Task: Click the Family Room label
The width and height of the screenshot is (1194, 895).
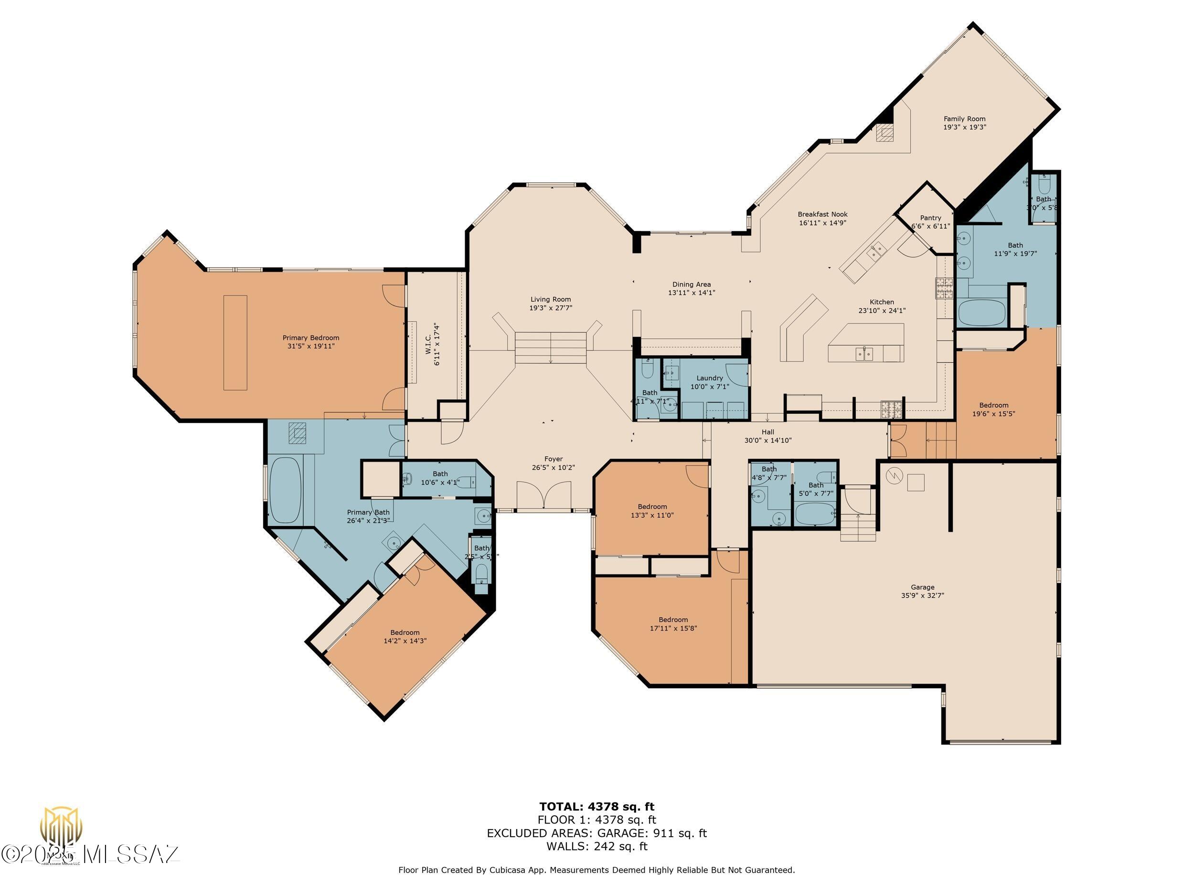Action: [964, 119]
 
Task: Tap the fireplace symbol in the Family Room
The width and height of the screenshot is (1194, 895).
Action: [885, 133]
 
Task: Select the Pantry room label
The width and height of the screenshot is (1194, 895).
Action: [930, 218]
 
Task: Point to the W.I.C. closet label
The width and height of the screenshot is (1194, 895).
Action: [432, 345]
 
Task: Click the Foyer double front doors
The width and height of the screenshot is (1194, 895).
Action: [544, 495]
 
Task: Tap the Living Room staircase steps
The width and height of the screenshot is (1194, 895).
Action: [550, 347]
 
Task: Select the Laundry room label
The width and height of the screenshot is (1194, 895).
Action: [709, 378]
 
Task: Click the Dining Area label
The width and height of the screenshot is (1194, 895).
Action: [692, 284]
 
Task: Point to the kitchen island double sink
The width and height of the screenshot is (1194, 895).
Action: [864, 354]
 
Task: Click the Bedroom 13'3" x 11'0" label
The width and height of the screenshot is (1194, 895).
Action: [652, 506]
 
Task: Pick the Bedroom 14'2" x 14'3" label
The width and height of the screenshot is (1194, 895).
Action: [405, 632]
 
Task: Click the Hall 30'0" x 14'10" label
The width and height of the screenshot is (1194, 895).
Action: [768, 432]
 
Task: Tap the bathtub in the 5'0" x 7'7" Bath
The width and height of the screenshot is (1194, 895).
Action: [815, 514]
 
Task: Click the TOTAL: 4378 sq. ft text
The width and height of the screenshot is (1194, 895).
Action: [597, 807]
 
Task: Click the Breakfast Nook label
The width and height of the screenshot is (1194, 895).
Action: [822, 214]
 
